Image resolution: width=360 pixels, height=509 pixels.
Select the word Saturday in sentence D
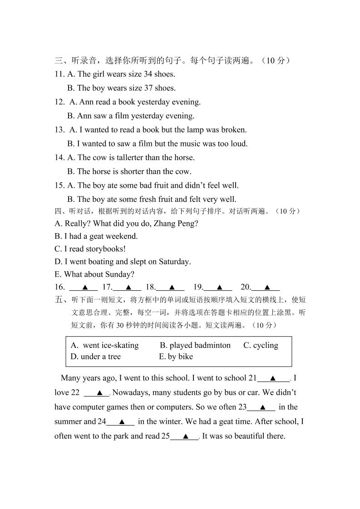click(x=174, y=262)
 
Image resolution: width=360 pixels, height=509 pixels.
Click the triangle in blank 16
click(x=84, y=287)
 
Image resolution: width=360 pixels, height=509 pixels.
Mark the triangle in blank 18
click(x=172, y=287)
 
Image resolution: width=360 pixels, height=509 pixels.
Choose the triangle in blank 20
click(x=266, y=287)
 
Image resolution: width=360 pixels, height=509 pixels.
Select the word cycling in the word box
click(x=266, y=345)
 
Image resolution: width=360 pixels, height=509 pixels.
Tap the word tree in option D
click(x=113, y=357)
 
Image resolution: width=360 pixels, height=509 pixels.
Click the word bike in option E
click(x=185, y=357)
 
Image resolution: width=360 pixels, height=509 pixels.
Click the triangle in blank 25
click(x=185, y=436)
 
